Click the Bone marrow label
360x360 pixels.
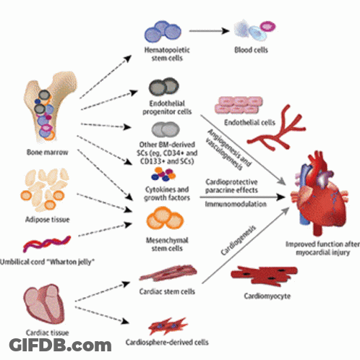pyautogui.click(x=47, y=153)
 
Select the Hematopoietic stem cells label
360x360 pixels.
pyautogui.click(x=167, y=54)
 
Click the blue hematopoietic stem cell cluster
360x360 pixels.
pyautogui.click(x=163, y=32)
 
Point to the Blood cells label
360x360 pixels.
pyautogui.click(x=251, y=50)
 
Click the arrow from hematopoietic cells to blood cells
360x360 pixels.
pyautogui.click(x=209, y=31)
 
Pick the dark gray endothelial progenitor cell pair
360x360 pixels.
pyautogui.click(x=164, y=87)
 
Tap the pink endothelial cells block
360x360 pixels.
pyautogui.click(x=239, y=105)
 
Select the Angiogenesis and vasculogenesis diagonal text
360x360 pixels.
pyautogui.click(x=228, y=150)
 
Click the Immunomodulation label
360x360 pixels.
pyautogui.click(x=236, y=204)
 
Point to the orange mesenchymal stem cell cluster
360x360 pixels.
pyautogui.click(x=165, y=218)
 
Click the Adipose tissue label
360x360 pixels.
pyautogui.click(x=48, y=220)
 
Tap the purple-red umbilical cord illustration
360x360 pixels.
pyautogui.click(x=47, y=244)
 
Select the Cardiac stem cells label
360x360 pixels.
pyautogui.click(x=167, y=291)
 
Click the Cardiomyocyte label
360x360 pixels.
pyautogui.click(x=267, y=296)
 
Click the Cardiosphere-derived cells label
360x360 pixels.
pyautogui.click(x=167, y=343)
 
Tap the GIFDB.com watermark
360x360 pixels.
pyautogui.click(x=60, y=345)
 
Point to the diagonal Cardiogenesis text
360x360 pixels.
pyautogui.click(x=239, y=240)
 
